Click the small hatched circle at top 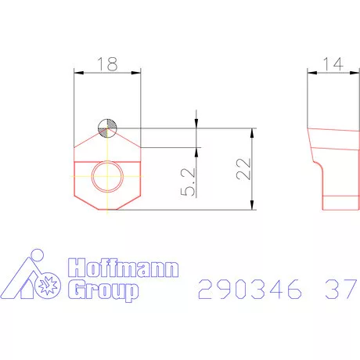click(x=107, y=127)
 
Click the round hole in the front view click(x=107, y=178)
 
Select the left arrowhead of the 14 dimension click(x=310, y=72)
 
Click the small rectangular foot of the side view click(x=338, y=203)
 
